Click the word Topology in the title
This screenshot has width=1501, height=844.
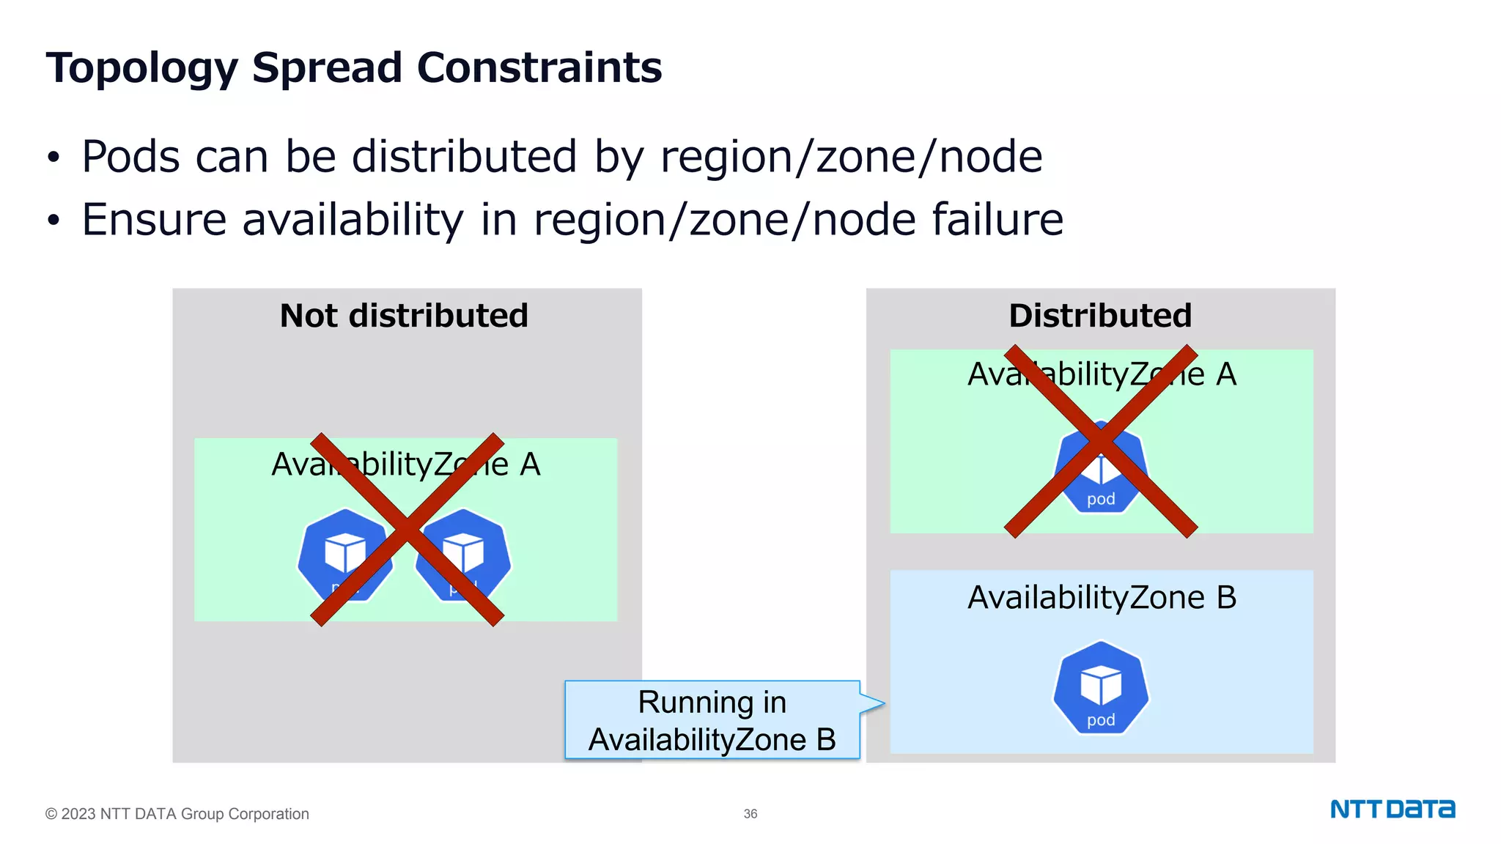(x=141, y=68)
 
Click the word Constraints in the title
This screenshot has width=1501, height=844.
(x=539, y=68)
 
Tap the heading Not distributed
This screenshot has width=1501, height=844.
(x=404, y=316)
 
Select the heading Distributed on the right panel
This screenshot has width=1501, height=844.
(x=1100, y=316)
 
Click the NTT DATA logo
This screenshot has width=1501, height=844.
(x=1392, y=810)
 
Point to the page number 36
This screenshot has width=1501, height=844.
(x=750, y=814)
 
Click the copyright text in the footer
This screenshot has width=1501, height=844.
(x=177, y=814)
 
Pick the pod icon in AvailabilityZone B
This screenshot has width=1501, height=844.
(x=1101, y=688)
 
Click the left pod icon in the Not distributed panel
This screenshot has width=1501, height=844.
(x=344, y=555)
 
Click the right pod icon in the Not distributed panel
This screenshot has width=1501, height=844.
(x=463, y=555)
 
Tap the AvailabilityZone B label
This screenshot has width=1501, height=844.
(x=1102, y=598)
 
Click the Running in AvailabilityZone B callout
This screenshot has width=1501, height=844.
(x=712, y=721)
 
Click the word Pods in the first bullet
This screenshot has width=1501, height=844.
(x=130, y=157)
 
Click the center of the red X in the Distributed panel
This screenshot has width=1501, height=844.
(x=1101, y=441)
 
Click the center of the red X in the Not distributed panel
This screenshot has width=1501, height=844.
(x=407, y=529)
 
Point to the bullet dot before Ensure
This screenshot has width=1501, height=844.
(x=53, y=221)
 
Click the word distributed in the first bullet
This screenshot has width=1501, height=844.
(x=465, y=157)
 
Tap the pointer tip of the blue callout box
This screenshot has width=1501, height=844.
(x=883, y=704)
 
